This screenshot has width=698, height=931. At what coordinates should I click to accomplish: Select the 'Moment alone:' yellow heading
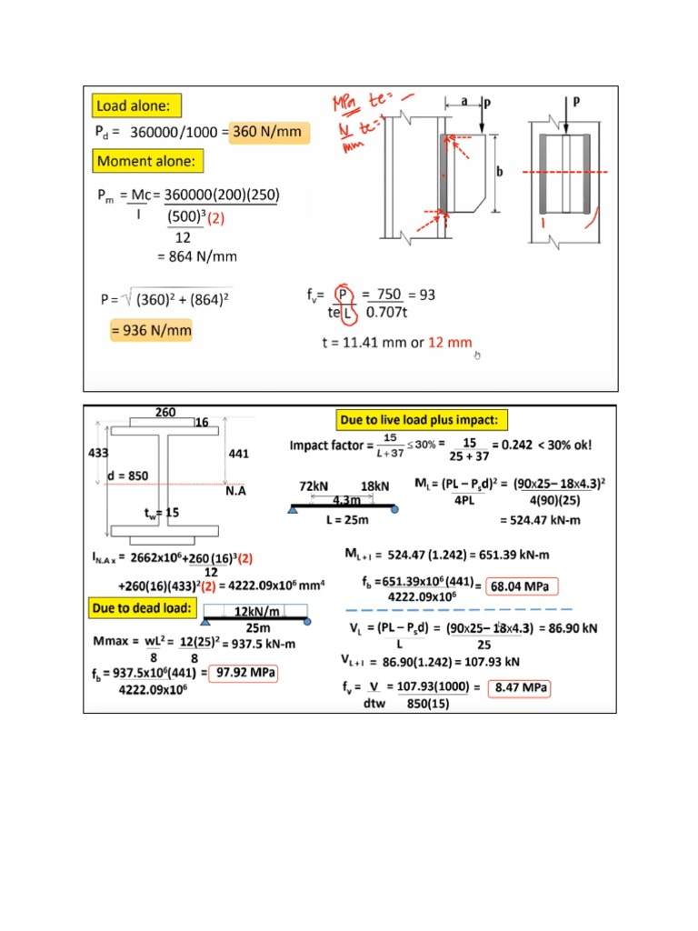click(x=150, y=162)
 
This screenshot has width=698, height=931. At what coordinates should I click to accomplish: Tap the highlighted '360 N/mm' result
click(x=268, y=132)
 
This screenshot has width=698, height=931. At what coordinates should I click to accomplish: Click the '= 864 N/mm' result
click(x=196, y=256)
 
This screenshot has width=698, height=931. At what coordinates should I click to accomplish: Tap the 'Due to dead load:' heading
click(x=141, y=607)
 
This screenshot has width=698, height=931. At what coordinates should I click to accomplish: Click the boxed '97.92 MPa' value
click(x=244, y=673)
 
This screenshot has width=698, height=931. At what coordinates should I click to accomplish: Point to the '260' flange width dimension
click(x=165, y=412)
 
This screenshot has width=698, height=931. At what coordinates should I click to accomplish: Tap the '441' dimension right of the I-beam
click(x=238, y=453)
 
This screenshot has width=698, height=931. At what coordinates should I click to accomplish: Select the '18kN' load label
click(x=375, y=487)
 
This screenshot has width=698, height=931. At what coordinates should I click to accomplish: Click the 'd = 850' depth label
click(x=126, y=476)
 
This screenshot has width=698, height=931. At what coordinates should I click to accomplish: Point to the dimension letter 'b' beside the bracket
click(x=499, y=171)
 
